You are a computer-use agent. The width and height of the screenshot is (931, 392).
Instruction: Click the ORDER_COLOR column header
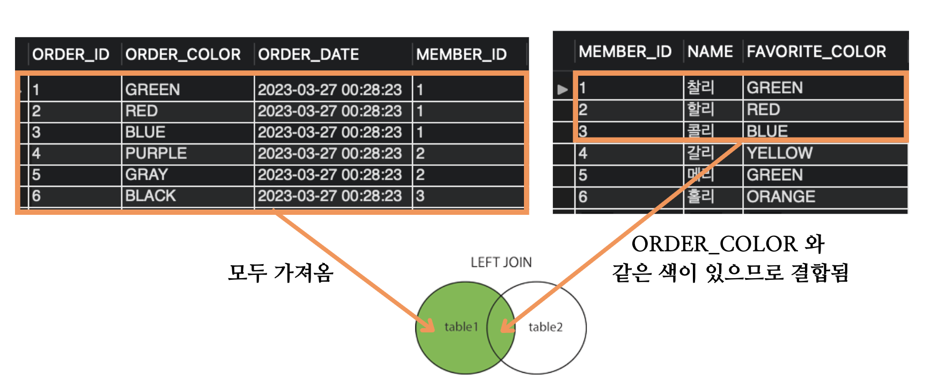pyautogui.click(x=183, y=54)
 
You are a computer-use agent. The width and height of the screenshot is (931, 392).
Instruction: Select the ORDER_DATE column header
pyautogui.click(x=308, y=54)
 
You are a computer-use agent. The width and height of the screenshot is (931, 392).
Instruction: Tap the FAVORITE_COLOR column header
pyautogui.click(x=816, y=52)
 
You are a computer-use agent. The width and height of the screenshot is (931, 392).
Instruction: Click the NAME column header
pyautogui.click(x=710, y=52)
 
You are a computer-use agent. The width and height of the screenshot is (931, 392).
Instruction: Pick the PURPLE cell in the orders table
pyautogui.click(x=156, y=154)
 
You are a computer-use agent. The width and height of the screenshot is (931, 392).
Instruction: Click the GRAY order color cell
pyautogui.click(x=146, y=175)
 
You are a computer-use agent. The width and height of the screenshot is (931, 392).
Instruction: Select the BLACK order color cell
pyautogui.click(x=151, y=196)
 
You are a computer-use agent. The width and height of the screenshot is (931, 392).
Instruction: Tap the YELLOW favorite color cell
pyautogui.click(x=780, y=153)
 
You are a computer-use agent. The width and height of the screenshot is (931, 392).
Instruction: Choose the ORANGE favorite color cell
pyautogui.click(x=781, y=197)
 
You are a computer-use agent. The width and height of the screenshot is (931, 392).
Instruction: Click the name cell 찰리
pyautogui.click(x=700, y=88)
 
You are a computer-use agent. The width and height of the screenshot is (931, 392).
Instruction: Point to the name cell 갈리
pyautogui.click(x=700, y=153)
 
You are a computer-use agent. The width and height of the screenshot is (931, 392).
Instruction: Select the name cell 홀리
pyautogui.click(x=700, y=197)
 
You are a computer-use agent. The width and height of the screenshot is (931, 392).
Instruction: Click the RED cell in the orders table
pyautogui.click(x=142, y=111)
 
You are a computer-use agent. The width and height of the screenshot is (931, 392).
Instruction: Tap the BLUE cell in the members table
pyautogui.click(x=767, y=131)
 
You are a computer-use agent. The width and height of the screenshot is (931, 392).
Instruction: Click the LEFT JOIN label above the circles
pyautogui.click(x=501, y=262)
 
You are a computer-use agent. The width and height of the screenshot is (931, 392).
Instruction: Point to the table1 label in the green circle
pyautogui.click(x=461, y=326)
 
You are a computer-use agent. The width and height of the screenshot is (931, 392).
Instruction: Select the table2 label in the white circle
pyautogui.click(x=545, y=326)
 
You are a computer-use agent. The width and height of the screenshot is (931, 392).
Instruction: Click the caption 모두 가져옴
pyautogui.click(x=280, y=273)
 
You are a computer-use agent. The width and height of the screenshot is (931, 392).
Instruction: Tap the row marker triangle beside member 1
pyautogui.click(x=562, y=89)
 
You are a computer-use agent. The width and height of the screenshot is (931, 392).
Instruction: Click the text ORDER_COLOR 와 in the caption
pyautogui.click(x=727, y=244)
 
